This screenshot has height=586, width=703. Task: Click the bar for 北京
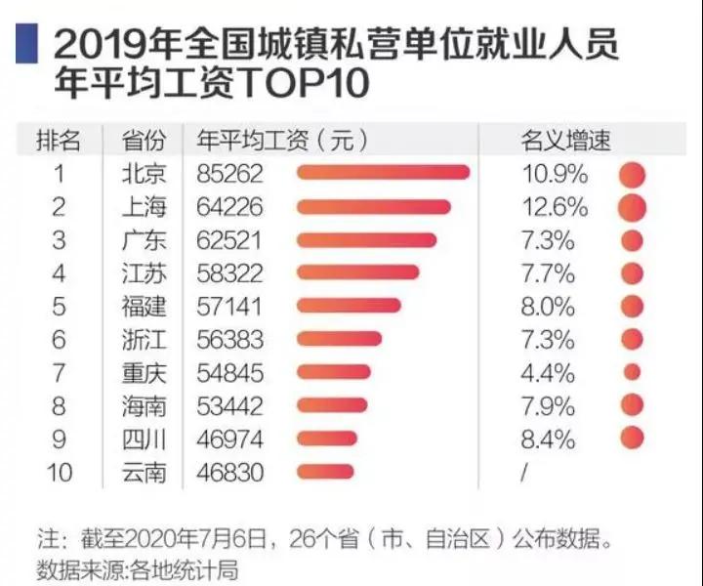(x=383, y=174)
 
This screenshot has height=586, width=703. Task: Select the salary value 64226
(x=228, y=207)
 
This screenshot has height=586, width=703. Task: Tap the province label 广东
(x=144, y=240)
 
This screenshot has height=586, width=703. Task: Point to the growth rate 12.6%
(x=555, y=207)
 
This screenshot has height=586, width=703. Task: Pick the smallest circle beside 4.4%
(x=632, y=372)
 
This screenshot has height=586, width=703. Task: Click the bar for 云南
(x=325, y=472)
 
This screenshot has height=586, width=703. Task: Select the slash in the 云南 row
(x=525, y=472)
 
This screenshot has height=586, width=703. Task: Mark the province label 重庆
(x=144, y=372)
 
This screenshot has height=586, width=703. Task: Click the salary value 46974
(x=228, y=439)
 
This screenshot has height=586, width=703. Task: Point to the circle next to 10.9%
(x=632, y=175)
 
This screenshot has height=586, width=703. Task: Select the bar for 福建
(x=348, y=306)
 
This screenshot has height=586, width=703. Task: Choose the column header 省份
(x=144, y=140)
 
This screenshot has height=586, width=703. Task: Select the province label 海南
(x=144, y=405)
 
